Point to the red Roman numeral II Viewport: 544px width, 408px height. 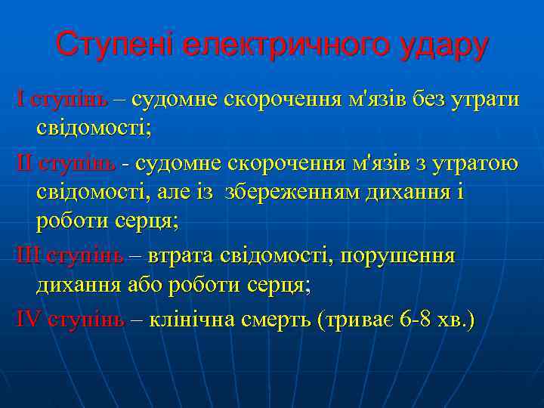coord(25,162)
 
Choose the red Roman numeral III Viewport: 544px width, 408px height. coord(29,256)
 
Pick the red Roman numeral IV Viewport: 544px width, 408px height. coord(29,319)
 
